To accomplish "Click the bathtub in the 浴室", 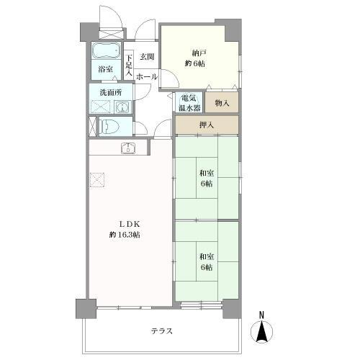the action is click(x=106, y=50).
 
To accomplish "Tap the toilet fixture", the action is click(x=109, y=126).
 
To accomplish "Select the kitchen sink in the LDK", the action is click(x=129, y=148).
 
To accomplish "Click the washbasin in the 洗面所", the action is click(x=122, y=107).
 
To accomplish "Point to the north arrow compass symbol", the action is click(x=262, y=332).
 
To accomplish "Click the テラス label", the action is click(x=162, y=331).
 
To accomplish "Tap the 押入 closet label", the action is click(x=207, y=125).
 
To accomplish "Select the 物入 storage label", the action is click(x=222, y=103).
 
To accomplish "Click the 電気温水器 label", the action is click(x=189, y=103).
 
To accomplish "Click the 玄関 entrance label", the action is click(x=147, y=57).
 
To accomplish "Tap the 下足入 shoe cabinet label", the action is click(x=129, y=66).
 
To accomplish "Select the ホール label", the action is click(x=147, y=77).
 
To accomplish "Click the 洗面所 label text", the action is click(x=111, y=93).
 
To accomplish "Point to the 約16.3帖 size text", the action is click(x=125, y=235).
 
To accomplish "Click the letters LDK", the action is click(x=130, y=224).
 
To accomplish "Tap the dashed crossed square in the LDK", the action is click(x=97, y=180).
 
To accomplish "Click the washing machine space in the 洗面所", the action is click(x=100, y=107).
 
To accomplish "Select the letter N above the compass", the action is click(x=262, y=315).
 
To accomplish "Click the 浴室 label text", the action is click(x=106, y=69).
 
